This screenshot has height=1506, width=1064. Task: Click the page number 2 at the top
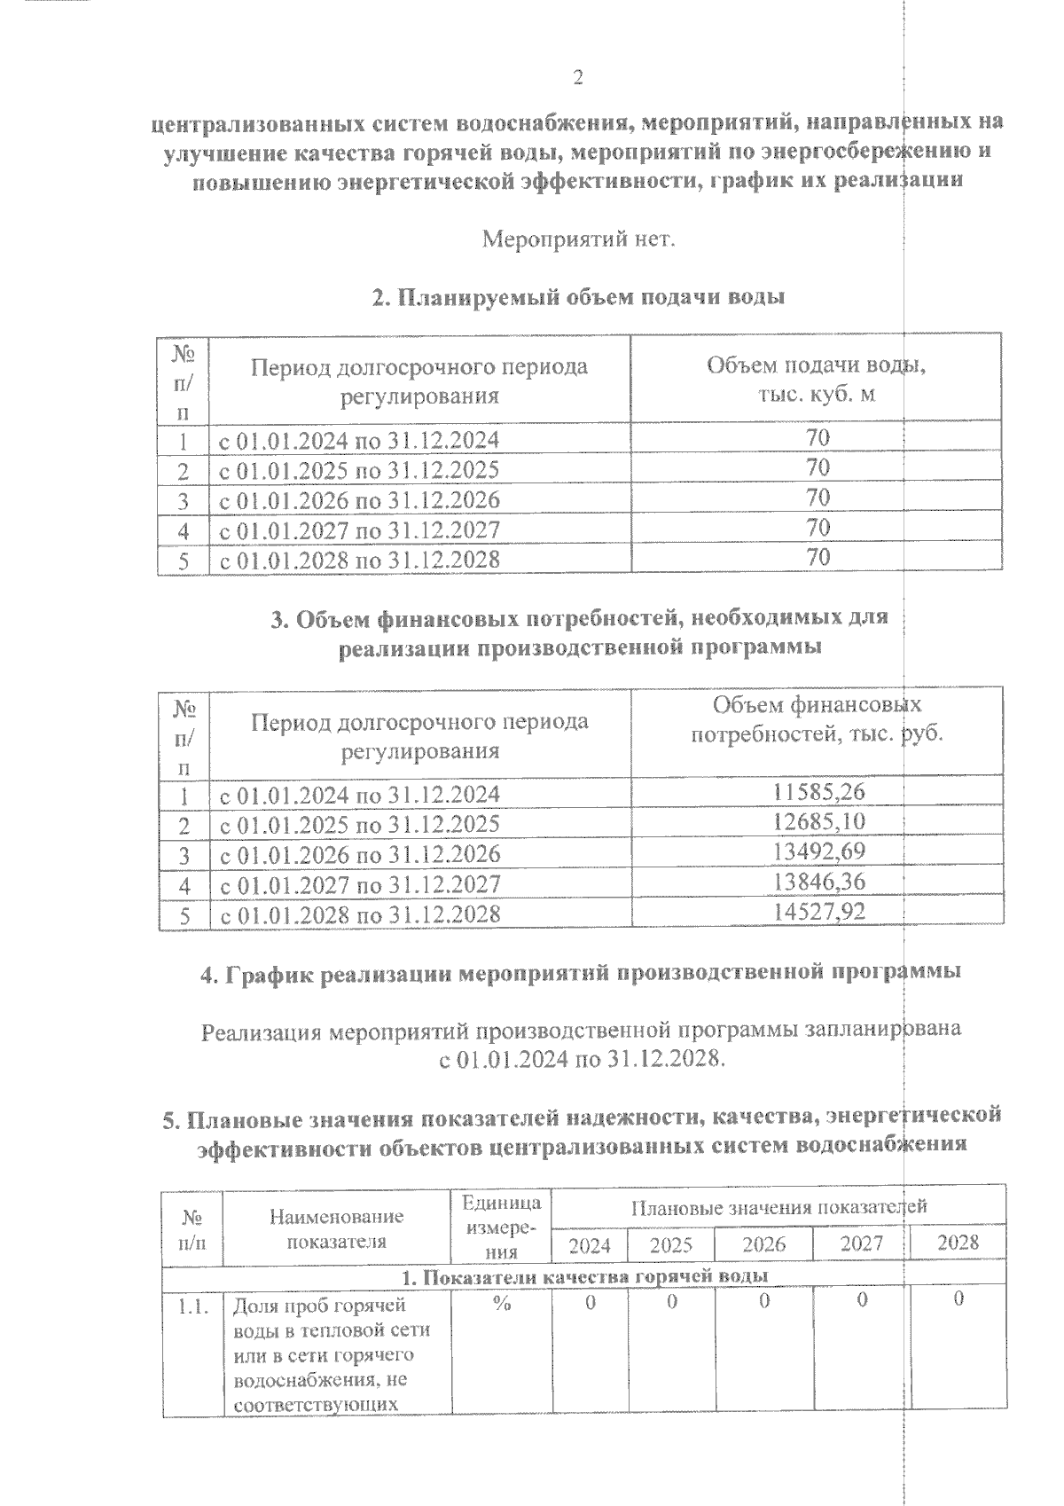pos(577,78)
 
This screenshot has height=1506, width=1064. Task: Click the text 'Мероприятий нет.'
pos(578,239)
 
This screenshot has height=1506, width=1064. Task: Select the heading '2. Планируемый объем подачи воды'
pos(578,297)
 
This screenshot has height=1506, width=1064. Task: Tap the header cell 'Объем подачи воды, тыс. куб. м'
pos(816,379)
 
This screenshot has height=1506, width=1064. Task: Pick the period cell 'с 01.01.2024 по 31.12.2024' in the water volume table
pos(359,440)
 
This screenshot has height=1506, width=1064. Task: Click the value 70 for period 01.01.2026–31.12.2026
pos(818,498)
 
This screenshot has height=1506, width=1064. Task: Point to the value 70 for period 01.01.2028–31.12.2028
pos(818,558)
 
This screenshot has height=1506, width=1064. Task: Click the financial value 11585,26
pos(818,792)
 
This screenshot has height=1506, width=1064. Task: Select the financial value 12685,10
pos(818,822)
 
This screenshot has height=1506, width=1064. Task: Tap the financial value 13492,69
pos(818,852)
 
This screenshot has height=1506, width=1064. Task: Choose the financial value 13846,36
pos(818,882)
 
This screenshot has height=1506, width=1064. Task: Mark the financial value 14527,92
pos(818,913)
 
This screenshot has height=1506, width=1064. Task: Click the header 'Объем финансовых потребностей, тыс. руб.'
pos(816,719)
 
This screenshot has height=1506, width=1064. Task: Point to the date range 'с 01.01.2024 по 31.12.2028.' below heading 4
pos(583,1060)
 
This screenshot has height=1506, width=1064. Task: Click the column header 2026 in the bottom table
pos(763,1243)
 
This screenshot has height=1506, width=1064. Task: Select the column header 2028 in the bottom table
pos(958,1242)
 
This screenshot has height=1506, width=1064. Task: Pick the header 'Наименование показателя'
pos(336,1228)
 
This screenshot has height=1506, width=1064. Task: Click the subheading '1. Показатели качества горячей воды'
pos(584,1276)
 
